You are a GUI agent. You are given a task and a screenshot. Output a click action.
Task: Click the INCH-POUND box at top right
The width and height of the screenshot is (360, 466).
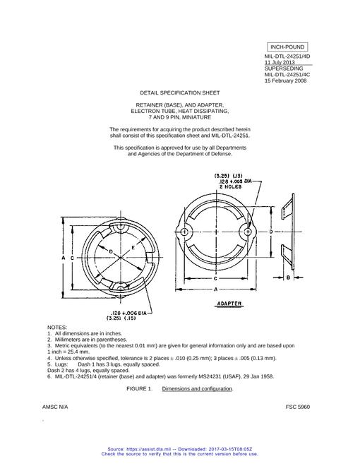287,47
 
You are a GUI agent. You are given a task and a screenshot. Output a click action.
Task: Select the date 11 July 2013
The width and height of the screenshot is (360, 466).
280,62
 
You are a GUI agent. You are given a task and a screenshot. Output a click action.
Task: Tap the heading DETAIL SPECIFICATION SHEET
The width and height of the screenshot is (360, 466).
180,92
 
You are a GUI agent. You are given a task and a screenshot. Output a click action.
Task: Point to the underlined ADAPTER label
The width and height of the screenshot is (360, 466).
229,304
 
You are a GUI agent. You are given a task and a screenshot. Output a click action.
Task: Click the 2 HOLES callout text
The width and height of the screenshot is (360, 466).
230,186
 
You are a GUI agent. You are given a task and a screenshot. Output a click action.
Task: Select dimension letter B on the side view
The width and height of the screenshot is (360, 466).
288,277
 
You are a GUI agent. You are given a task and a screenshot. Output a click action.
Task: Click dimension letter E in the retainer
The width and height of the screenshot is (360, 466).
133,247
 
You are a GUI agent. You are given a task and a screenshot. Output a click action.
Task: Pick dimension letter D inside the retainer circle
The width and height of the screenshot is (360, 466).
111,252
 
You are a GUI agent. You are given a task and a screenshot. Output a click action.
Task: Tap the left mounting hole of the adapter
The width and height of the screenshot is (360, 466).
184,232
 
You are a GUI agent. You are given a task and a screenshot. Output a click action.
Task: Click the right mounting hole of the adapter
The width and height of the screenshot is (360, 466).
248,232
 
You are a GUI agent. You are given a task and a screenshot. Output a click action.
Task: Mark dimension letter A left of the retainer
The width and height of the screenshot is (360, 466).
64,258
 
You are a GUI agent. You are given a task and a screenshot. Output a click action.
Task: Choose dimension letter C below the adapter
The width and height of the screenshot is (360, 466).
215,278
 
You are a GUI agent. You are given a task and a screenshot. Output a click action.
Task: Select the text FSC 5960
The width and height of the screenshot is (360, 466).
298,407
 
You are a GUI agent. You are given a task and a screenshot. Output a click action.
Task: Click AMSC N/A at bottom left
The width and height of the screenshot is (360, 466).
55,407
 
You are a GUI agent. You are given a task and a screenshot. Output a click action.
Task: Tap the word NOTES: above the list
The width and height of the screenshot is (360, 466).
57,327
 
